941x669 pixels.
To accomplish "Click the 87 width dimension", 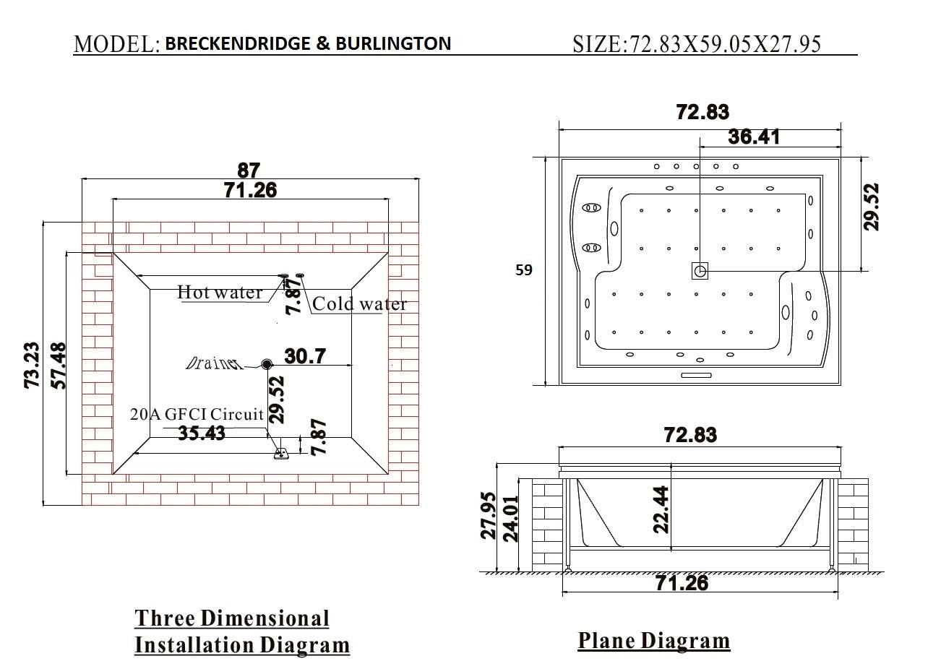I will tap(249, 170).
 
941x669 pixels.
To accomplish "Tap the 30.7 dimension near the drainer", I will tap(305, 356).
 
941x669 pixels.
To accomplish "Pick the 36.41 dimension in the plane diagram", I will tap(754, 137).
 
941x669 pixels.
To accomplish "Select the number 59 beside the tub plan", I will tap(524, 270).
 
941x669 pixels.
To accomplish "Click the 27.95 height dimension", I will tap(489, 516).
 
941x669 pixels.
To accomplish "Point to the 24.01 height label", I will tap(510, 518).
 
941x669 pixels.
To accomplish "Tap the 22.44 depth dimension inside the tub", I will tap(661, 509).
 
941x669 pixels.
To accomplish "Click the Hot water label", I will tap(220, 293).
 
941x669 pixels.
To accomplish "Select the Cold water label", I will tap(359, 304).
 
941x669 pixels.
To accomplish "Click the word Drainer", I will tap(215, 363).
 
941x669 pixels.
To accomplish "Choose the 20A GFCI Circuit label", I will tap(197, 415).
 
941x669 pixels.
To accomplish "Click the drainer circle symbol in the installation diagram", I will tap(267, 365).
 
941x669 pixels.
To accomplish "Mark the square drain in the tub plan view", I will tap(700, 271).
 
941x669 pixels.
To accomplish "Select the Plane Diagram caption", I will tap(653, 641).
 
